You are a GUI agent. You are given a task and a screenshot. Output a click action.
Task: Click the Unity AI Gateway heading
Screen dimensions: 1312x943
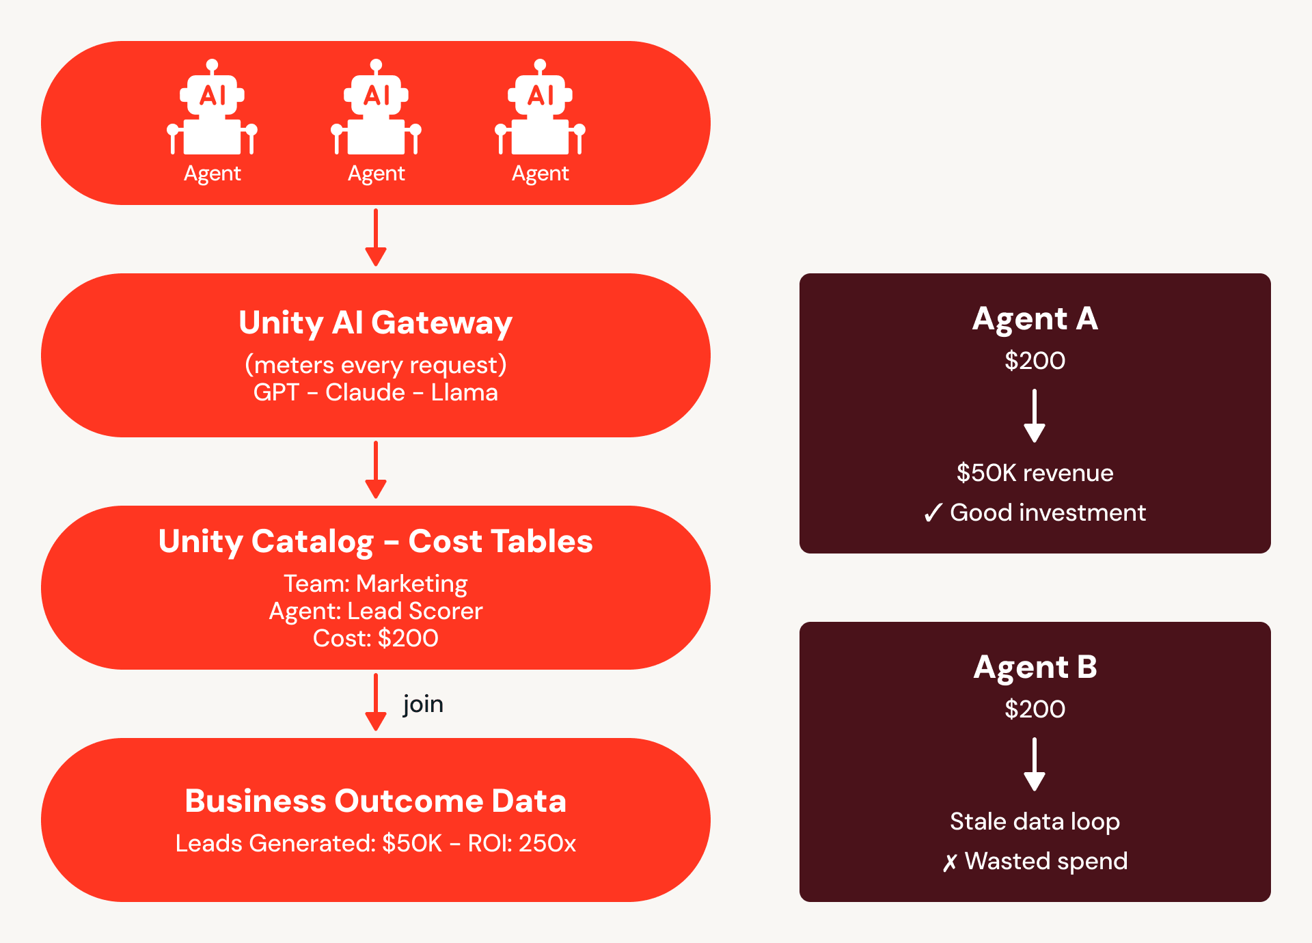(375, 323)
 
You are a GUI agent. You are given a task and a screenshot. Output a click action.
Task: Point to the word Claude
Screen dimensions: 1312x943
(365, 392)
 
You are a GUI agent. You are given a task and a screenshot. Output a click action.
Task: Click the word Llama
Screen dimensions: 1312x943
(464, 392)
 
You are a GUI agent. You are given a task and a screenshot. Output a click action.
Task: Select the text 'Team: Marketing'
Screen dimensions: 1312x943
(375, 584)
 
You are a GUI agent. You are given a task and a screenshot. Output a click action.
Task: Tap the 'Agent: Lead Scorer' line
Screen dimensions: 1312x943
(375, 611)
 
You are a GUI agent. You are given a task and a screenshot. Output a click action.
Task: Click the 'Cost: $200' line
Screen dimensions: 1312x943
(375, 638)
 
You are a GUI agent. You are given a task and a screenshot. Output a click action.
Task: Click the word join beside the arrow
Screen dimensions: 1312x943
(423, 704)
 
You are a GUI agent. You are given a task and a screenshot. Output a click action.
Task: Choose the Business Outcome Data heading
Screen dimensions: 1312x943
(375, 801)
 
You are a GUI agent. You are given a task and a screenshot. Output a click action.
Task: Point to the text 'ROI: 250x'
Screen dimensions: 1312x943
(521, 843)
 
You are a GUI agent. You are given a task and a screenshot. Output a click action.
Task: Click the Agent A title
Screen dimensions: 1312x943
(1035, 319)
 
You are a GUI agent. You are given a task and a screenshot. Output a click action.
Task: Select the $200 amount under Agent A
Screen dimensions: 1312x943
(1035, 361)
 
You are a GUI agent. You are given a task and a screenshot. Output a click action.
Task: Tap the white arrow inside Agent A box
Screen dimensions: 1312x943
(1035, 415)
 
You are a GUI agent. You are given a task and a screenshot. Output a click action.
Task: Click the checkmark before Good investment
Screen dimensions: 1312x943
(933, 512)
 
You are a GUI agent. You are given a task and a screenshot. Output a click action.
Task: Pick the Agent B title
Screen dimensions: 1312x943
(1035, 668)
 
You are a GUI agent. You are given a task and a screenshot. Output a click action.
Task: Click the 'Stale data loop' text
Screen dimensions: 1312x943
(1035, 821)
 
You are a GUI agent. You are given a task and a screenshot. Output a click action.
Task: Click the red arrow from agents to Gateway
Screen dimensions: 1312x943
(376, 237)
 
